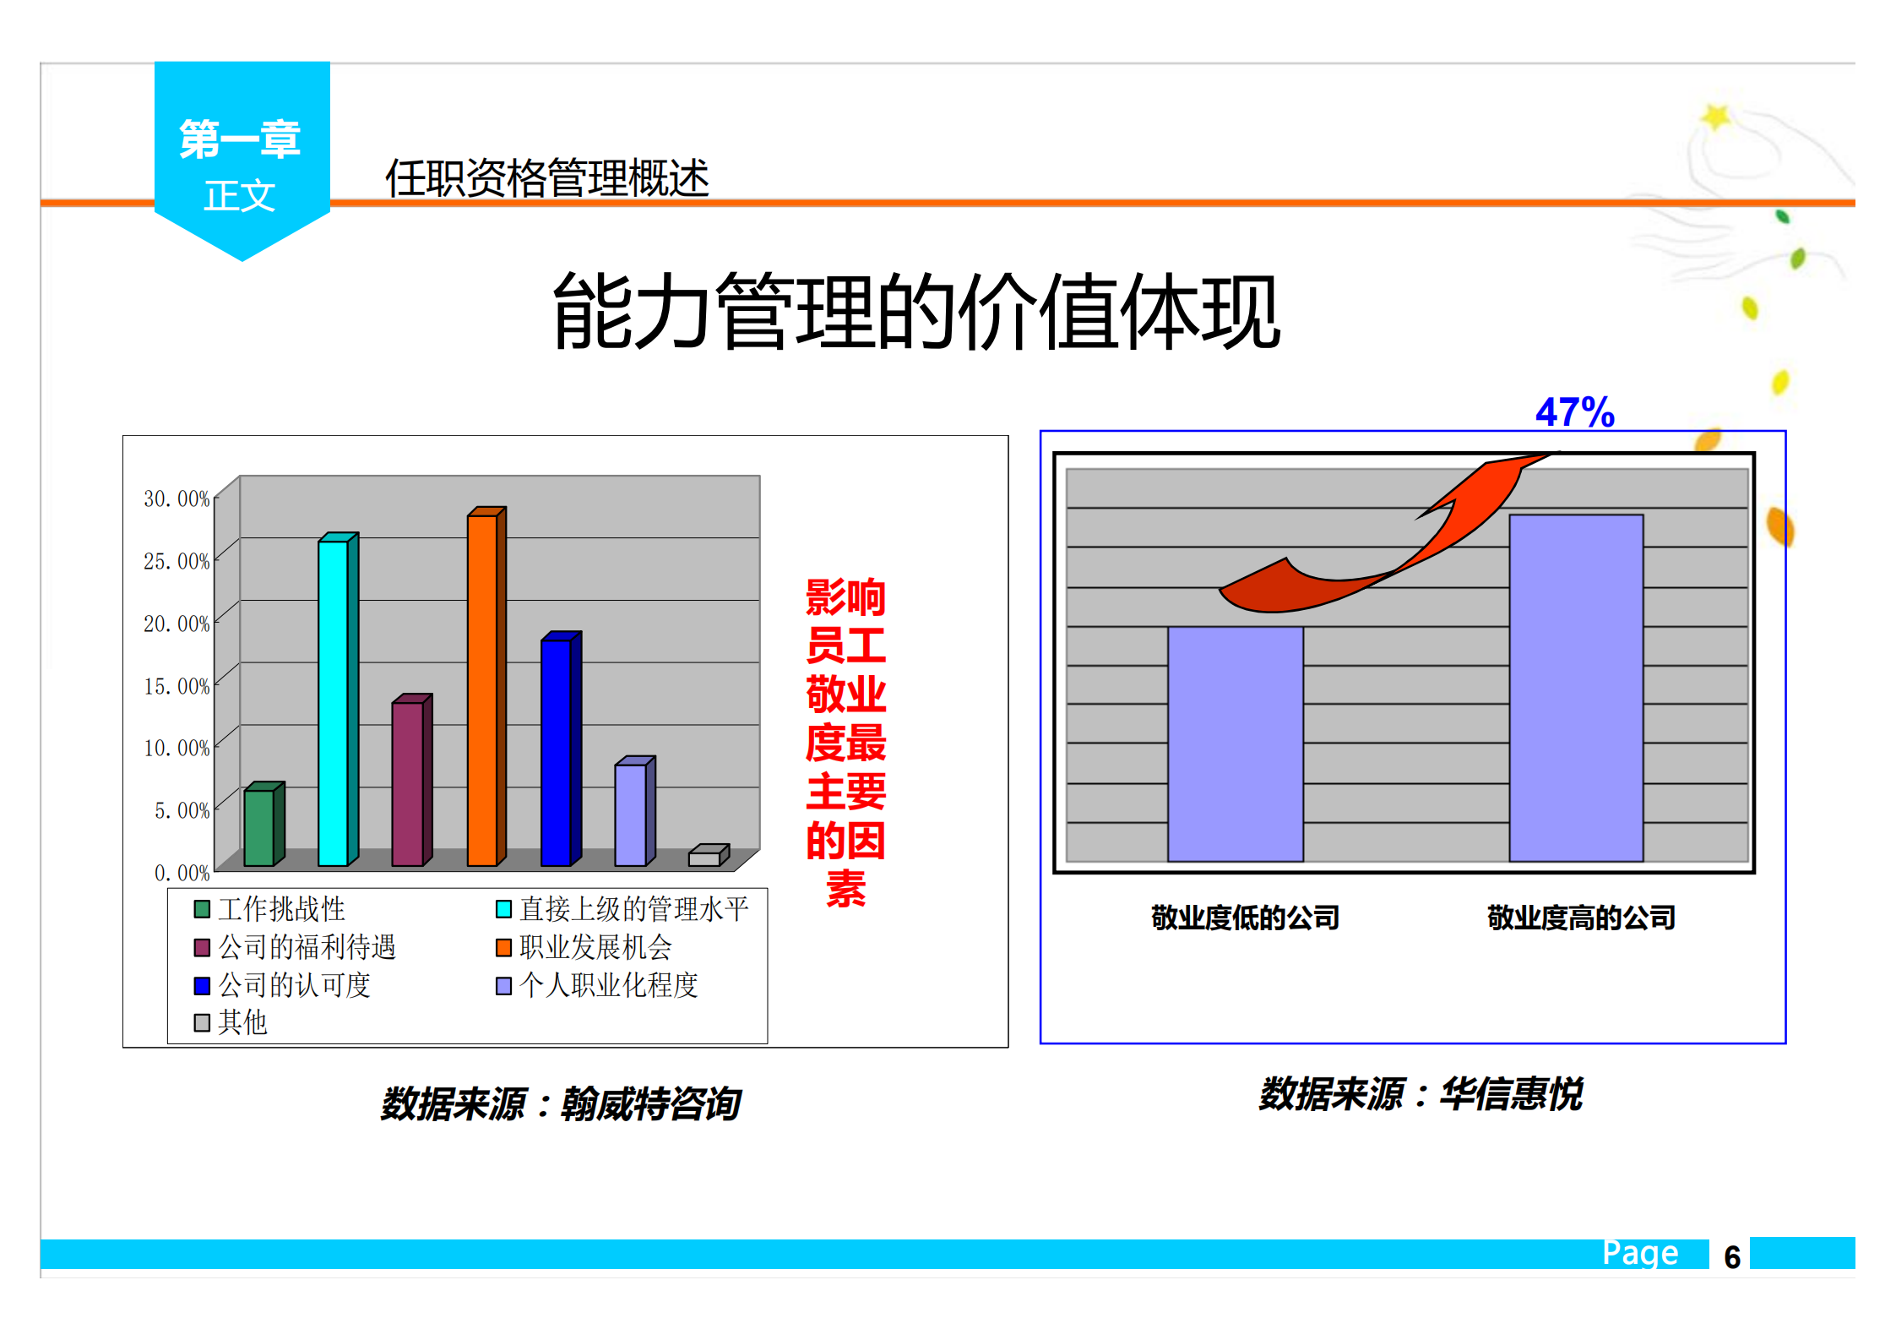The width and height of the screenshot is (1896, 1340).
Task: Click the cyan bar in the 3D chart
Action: (334, 701)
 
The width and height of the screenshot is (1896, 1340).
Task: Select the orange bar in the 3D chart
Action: (482, 689)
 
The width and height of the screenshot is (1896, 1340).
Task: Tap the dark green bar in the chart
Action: (259, 827)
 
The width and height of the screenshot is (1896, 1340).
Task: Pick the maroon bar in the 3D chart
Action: (408, 782)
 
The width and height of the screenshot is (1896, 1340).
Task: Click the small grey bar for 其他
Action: (704, 858)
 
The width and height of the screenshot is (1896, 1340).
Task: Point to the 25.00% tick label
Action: (176, 561)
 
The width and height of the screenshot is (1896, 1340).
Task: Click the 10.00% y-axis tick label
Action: (176, 748)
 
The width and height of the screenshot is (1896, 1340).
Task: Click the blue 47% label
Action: (1574, 412)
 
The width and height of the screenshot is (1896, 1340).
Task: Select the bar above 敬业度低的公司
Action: (1235, 744)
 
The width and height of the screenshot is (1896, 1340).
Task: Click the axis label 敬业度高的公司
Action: (1581, 918)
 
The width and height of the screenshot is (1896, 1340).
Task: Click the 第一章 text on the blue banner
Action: (240, 139)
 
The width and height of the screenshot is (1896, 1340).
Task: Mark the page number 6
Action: (1732, 1257)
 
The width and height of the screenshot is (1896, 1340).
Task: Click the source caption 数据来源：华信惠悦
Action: (1421, 1094)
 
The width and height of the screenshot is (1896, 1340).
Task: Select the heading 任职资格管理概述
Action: (547, 178)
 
